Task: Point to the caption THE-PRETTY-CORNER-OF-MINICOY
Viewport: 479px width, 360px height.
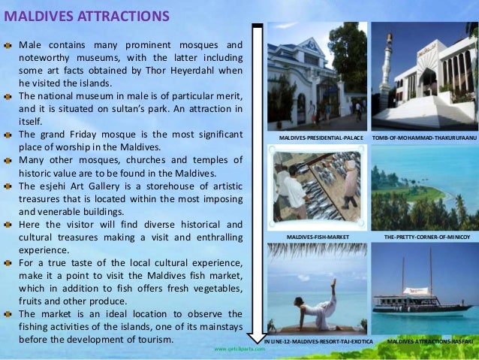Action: [426, 236]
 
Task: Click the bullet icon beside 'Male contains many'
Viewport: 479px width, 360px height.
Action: [8, 44]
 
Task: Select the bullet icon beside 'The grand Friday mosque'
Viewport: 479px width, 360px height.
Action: [8, 135]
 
